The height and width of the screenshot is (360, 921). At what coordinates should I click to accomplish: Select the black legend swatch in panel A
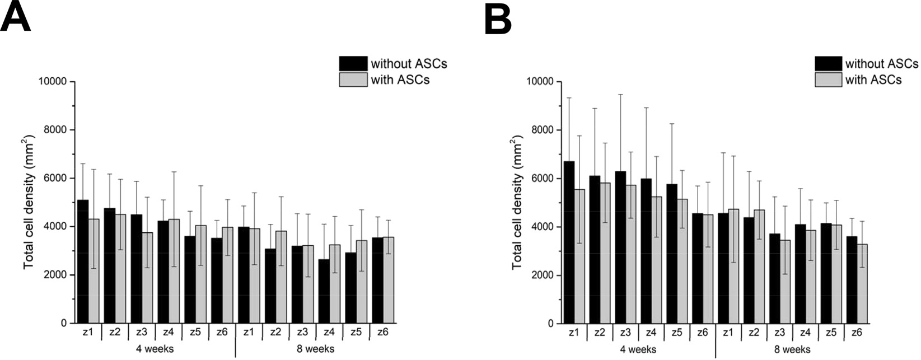[x=353, y=63]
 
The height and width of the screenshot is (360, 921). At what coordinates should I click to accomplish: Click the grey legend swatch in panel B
[x=828, y=80]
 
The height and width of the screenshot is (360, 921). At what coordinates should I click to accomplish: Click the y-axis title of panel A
[x=29, y=202]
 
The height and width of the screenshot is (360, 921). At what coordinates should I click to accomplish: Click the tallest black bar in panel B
[x=569, y=242]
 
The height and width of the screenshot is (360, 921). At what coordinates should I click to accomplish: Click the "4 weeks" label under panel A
[x=155, y=349]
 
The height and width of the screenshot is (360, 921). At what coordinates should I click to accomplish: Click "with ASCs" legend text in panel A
[x=400, y=80]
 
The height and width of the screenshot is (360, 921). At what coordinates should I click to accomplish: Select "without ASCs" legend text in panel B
[x=881, y=63]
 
